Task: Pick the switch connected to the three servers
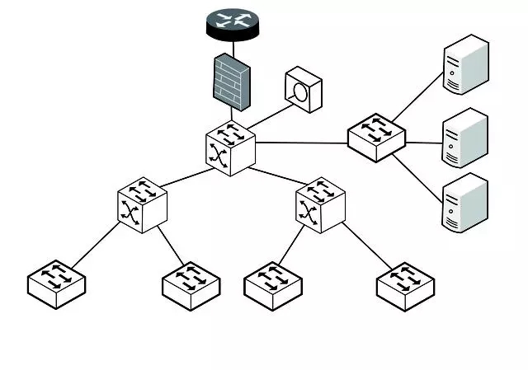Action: click(376, 136)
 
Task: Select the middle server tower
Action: click(465, 138)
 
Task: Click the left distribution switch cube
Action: click(141, 204)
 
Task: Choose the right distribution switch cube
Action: click(320, 204)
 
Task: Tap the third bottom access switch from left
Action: click(273, 284)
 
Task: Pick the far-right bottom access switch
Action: click(405, 284)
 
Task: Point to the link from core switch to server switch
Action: click(301, 143)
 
